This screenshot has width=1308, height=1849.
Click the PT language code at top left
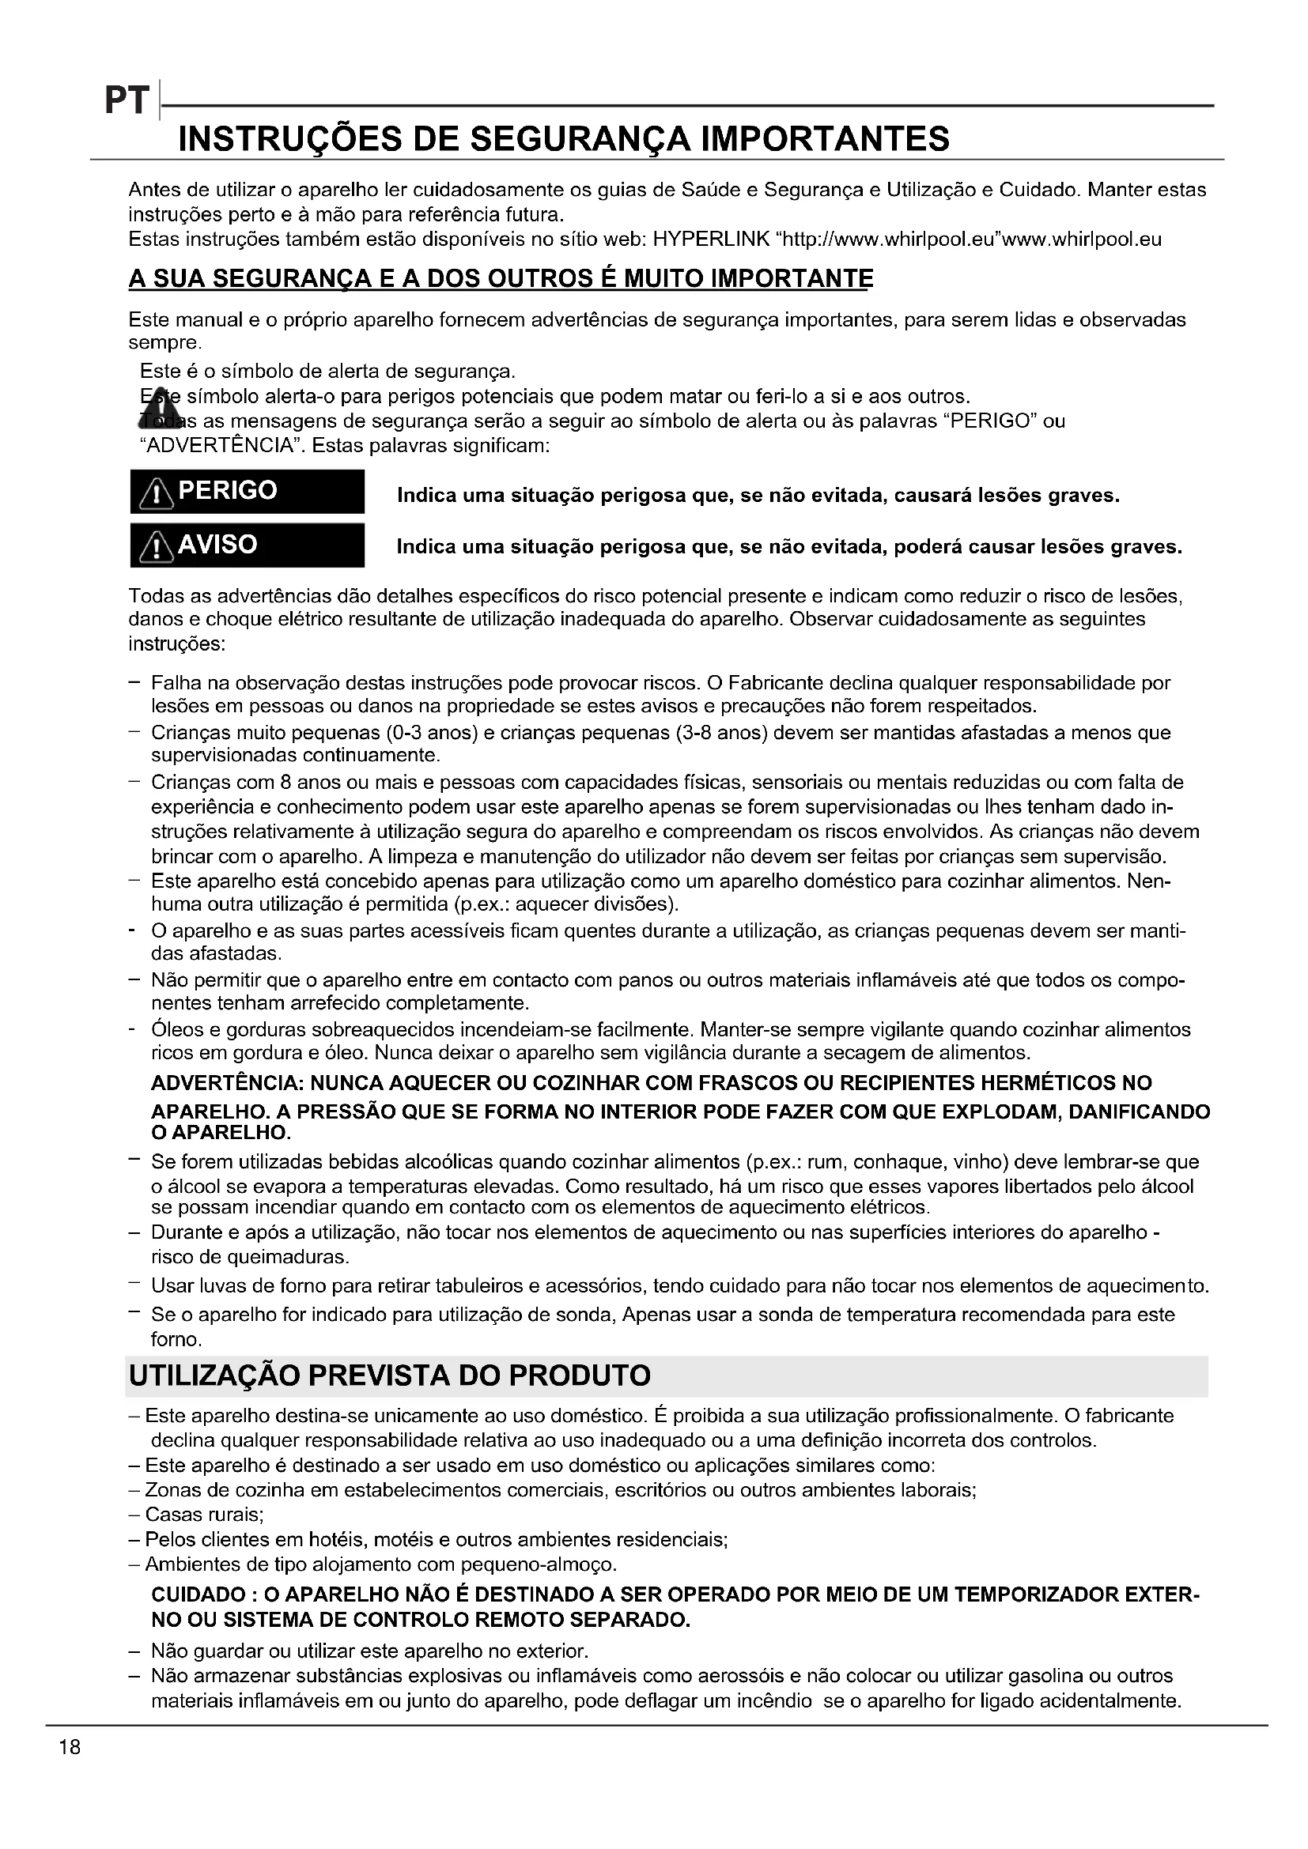(127, 101)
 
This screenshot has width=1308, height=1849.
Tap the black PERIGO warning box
(248, 491)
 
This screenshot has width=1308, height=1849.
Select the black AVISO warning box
(248, 545)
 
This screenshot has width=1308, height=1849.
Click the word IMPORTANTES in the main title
(826, 139)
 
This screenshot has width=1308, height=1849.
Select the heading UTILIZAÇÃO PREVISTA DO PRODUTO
(390, 1375)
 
